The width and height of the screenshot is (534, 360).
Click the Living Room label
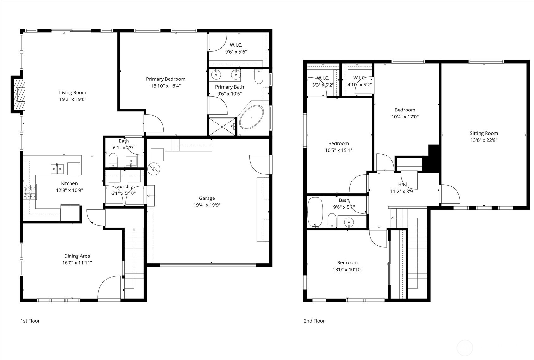(x=73, y=92)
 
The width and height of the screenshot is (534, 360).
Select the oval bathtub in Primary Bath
(x=251, y=117)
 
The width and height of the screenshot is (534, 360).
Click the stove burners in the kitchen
(x=30, y=192)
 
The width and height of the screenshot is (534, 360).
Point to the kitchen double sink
(x=57, y=169)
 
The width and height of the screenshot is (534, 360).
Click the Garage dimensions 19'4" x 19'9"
(x=207, y=205)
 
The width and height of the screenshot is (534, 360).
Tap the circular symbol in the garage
(x=154, y=169)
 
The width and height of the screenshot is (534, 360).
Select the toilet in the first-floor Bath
(x=113, y=160)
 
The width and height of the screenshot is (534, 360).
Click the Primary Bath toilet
(x=259, y=78)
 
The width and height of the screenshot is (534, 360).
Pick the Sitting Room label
(x=484, y=133)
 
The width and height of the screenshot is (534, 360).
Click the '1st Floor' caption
(x=30, y=321)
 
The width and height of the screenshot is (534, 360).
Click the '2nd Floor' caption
(x=314, y=321)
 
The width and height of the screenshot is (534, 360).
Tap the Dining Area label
(x=77, y=256)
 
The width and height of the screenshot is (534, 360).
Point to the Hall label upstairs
(x=402, y=184)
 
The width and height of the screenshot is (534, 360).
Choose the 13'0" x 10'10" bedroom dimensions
(x=347, y=270)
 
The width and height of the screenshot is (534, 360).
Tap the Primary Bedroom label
(x=166, y=79)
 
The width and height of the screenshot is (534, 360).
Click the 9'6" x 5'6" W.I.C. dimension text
(x=236, y=52)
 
